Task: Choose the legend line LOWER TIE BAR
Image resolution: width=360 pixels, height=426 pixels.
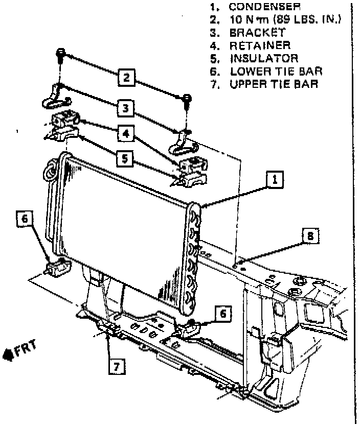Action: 276,72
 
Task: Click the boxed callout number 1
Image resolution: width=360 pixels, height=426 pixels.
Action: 275,179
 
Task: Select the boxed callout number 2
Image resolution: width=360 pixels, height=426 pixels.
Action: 126,78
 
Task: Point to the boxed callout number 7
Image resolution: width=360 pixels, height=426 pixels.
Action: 117,366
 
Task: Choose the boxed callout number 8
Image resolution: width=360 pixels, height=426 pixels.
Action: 309,236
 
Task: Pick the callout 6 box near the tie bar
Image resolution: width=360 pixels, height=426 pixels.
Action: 223,313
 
